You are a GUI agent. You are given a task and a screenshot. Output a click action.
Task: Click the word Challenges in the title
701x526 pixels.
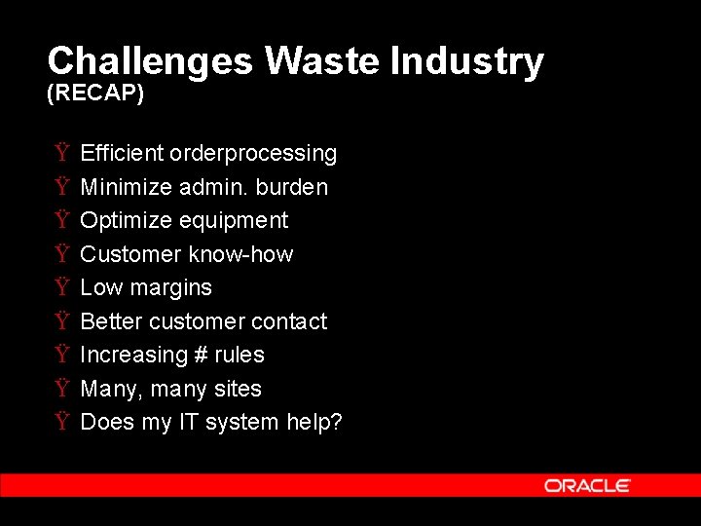(x=150, y=61)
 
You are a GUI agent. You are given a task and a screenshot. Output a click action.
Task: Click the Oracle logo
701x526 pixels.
(x=587, y=485)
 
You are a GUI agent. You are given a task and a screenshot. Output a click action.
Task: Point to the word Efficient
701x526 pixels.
(x=122, y=153)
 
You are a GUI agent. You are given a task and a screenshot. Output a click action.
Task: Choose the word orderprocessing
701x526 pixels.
(x=253, y=154)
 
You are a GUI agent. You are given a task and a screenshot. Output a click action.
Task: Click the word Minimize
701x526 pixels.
(x=126, y=187)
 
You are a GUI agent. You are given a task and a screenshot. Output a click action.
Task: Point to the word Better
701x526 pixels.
(x=111, y=321)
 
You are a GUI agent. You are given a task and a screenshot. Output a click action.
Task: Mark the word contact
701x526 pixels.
(x=289, y=321)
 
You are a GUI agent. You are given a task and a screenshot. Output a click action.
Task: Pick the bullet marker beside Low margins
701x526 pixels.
(x=61, y=287)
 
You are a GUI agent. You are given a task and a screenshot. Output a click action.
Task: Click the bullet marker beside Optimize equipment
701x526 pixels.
(x=61, y=220)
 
